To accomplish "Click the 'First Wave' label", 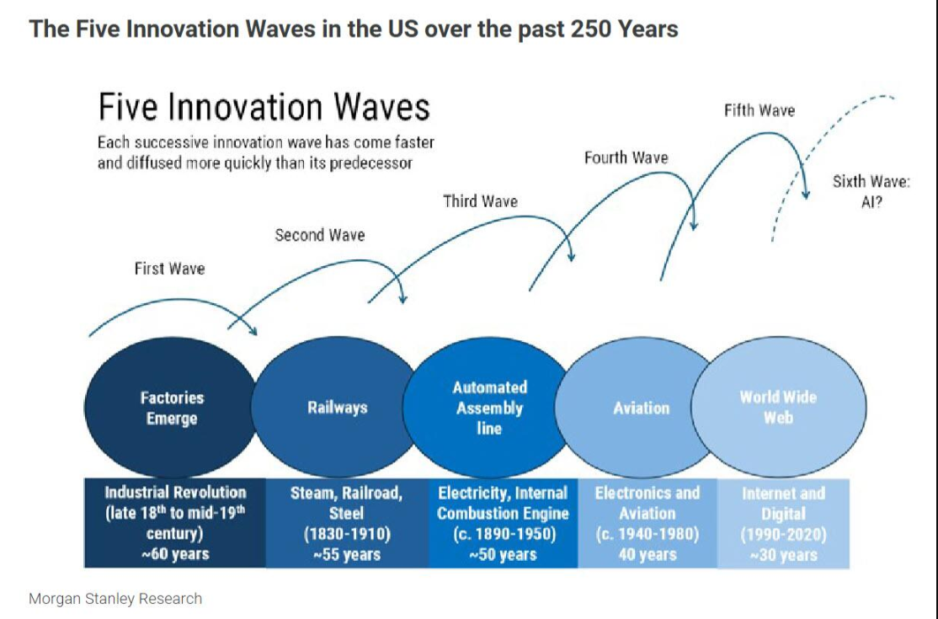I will [169, 269].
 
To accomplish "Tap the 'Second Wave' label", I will [320, 235].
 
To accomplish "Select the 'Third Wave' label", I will [480, 201].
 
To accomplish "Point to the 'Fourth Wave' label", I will [626, 157].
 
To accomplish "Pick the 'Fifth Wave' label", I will [759, 110].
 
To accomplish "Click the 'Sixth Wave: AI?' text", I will [871, 192].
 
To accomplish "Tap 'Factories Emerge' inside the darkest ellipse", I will [172, 408].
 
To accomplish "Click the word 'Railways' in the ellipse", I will [338, 408].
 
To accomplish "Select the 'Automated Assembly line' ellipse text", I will [489, 408].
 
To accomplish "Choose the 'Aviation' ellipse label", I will [642, 408].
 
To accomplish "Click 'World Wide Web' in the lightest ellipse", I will [778, 407].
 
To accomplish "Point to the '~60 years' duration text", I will [175, 553].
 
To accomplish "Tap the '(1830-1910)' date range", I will [346, 533].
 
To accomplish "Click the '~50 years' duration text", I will [503, 553].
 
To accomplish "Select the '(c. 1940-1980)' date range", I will [647, 533].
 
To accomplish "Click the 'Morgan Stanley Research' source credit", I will [115, 599].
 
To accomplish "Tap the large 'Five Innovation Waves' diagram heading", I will [264, 108].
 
